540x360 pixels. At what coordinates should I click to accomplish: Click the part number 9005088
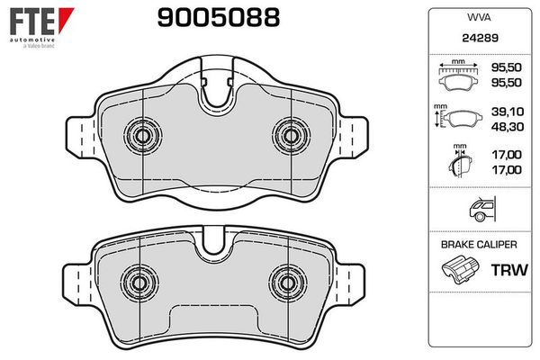pos(219,18)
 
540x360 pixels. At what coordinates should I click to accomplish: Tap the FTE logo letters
pos(32,22)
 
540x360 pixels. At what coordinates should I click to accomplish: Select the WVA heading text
pos(479,17)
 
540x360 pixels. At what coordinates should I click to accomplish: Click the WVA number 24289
pos(480,38)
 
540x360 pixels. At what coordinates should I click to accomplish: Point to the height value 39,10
pos(508,112)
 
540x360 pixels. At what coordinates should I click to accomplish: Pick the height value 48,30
pos(508,127)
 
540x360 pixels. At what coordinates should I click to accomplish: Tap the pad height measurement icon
pos(457,116)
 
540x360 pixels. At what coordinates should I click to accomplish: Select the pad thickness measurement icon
pos(460,160)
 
